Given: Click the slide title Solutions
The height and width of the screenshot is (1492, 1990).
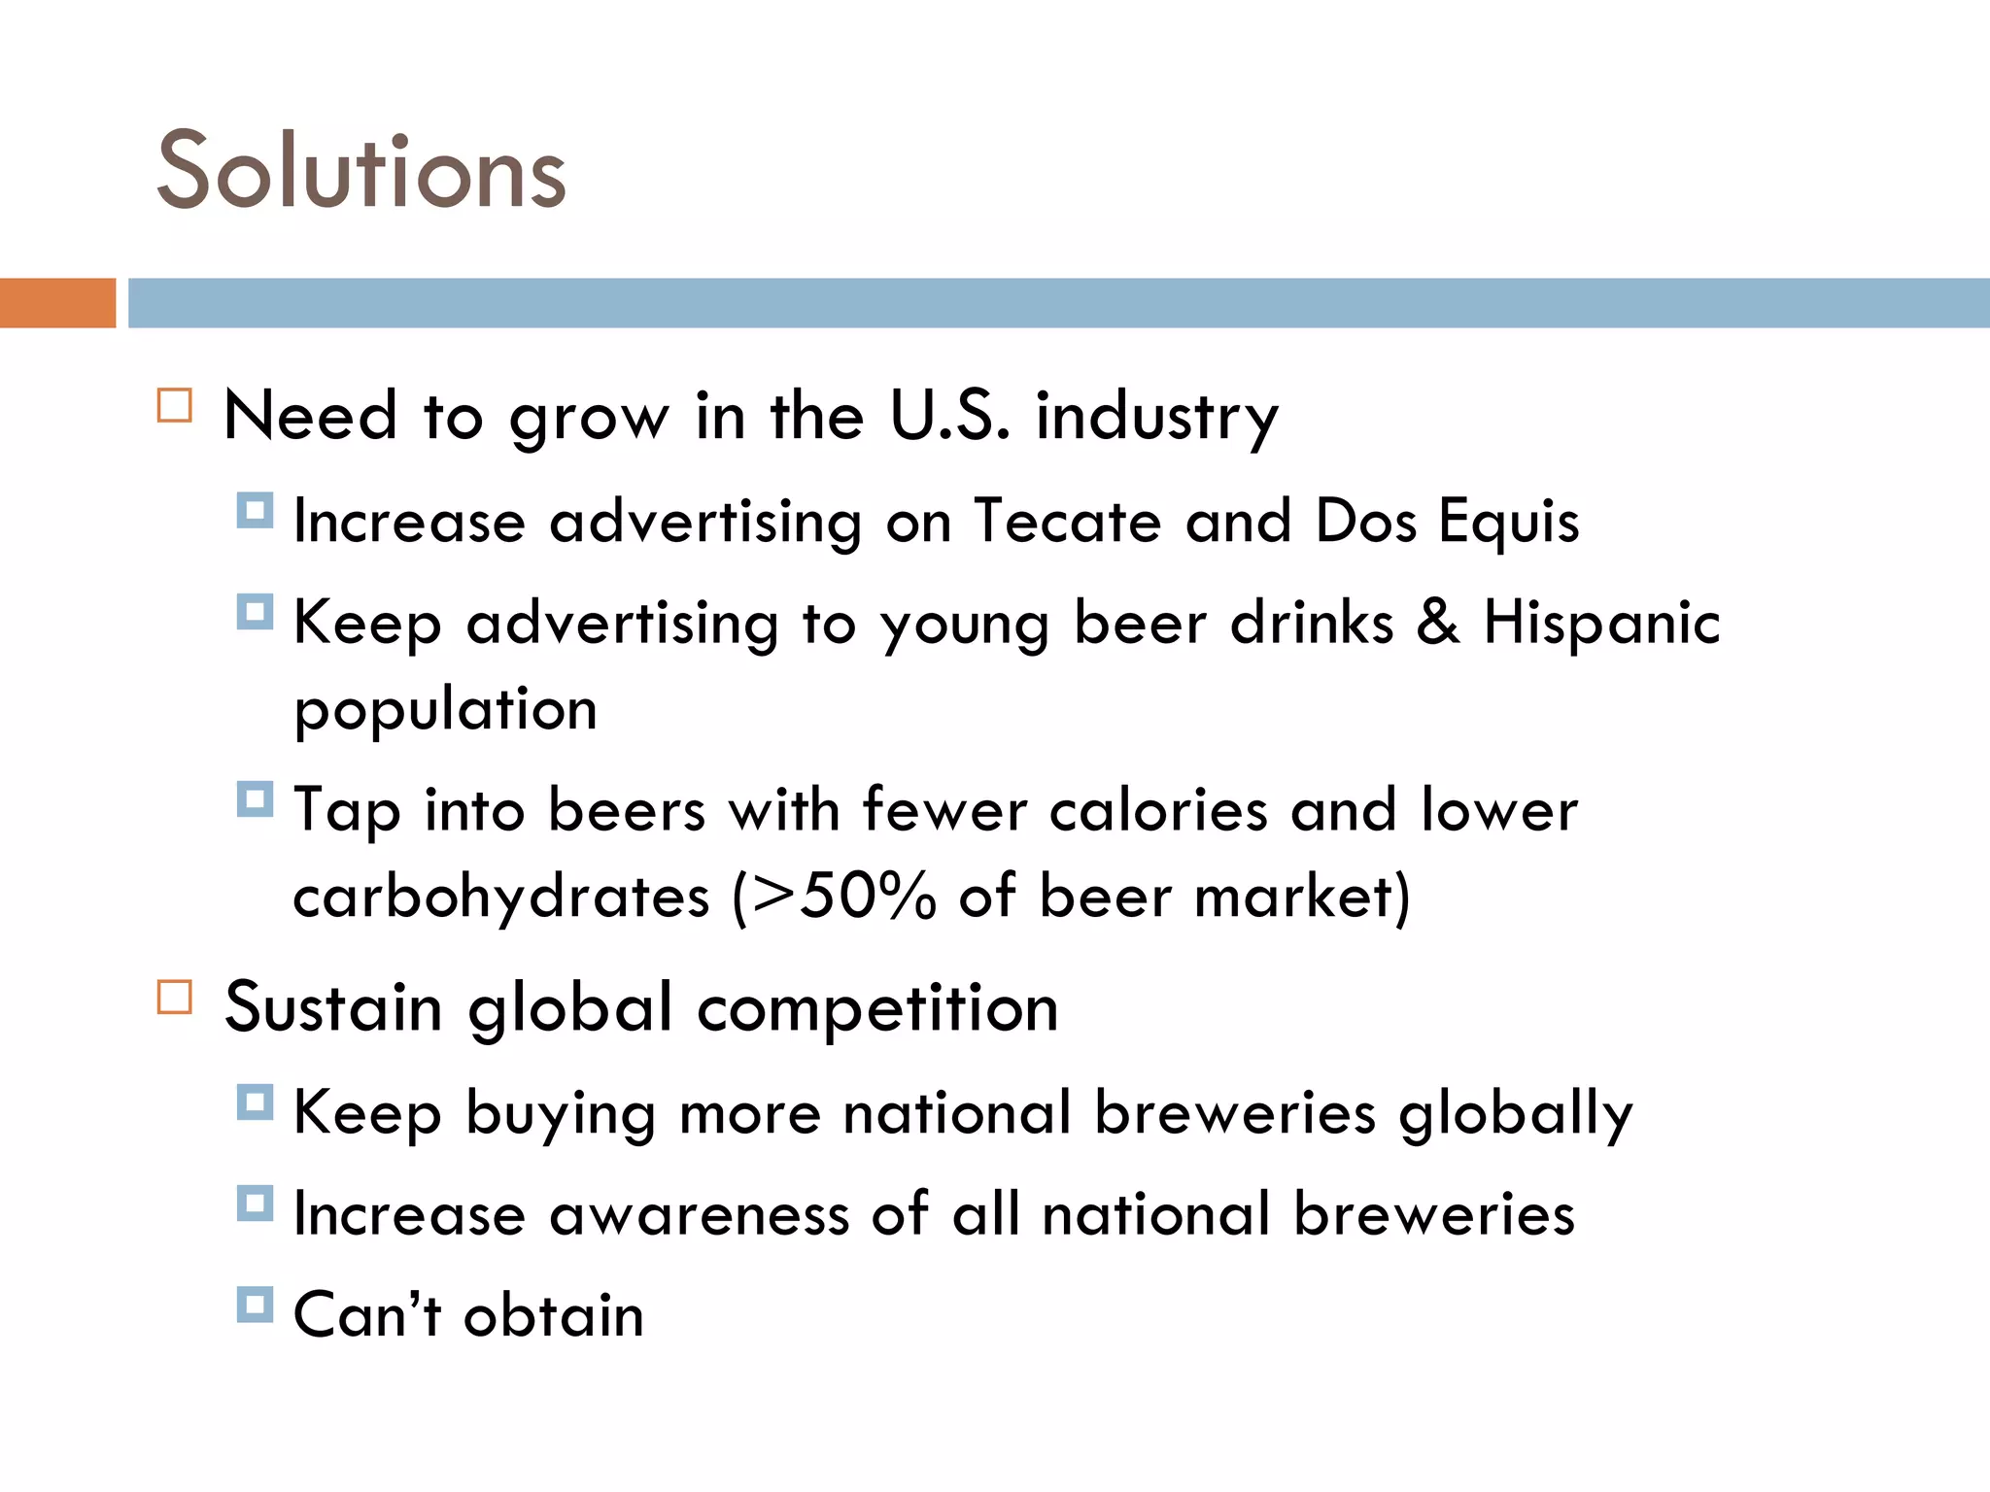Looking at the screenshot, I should (360, 171).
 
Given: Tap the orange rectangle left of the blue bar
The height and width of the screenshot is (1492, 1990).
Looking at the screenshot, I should (57, 303).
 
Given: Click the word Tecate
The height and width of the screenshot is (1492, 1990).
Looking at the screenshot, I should (1067, 521).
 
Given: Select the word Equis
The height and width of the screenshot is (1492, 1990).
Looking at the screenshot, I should (1508, 523).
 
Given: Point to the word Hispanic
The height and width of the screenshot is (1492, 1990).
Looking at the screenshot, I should (1601, 622).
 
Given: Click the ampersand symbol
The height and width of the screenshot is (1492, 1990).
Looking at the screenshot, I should (1438, 622).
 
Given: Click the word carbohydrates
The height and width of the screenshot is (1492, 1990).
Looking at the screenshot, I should (501, 896).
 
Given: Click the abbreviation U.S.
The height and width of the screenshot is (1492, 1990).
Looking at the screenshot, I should (949, 416).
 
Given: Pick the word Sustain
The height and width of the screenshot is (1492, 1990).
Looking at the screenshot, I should (333, 1007).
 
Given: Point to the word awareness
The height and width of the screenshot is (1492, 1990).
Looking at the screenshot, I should (699, 1214).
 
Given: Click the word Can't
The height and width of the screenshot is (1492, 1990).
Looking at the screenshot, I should (367, 1315).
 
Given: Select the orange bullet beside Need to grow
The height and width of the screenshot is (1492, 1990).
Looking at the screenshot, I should (175, 405).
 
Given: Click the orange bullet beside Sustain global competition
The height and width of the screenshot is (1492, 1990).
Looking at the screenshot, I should (175, 998).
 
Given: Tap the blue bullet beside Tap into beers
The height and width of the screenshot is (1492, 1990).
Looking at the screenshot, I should (255, 799).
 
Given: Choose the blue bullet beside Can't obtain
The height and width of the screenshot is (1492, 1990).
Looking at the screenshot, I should (255, 1305).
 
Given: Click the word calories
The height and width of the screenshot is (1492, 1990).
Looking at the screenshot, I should (1158, 810).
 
